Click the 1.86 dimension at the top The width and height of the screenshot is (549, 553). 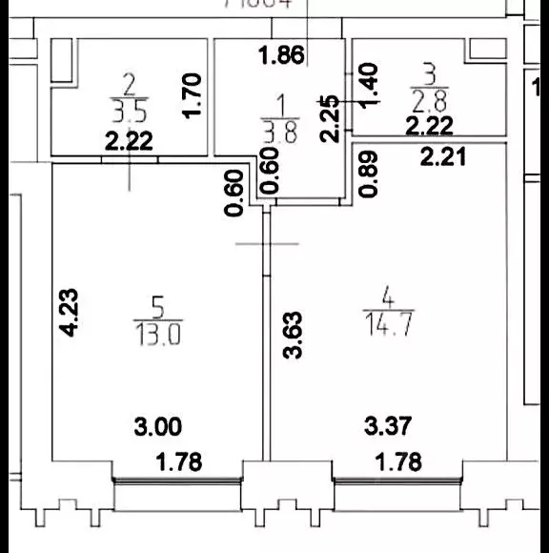(x=282, y=55)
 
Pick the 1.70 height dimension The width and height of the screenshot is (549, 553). (x=194, y=95)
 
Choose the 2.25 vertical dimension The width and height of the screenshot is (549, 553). (x=329, y=119)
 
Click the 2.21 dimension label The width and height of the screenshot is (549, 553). (x=444, y=159)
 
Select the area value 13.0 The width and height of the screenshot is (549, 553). (x=157, y=334)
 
